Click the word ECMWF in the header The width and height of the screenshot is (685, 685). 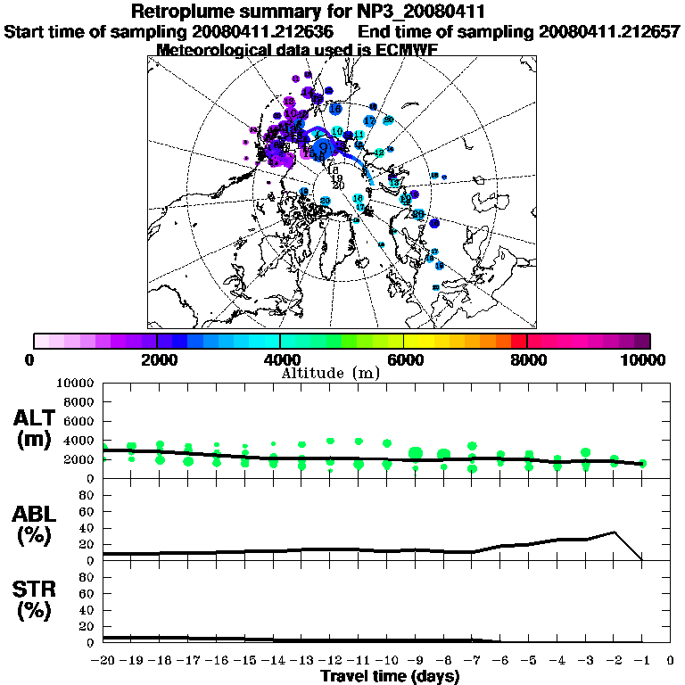pos(407,49)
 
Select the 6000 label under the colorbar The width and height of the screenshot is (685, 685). pos(404,359)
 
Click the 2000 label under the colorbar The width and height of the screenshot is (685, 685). pos(157,359)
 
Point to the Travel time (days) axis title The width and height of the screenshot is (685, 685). pos(390,676)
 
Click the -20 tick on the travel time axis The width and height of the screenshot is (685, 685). pos(103,661)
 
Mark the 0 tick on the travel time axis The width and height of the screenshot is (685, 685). pos(671,661)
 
